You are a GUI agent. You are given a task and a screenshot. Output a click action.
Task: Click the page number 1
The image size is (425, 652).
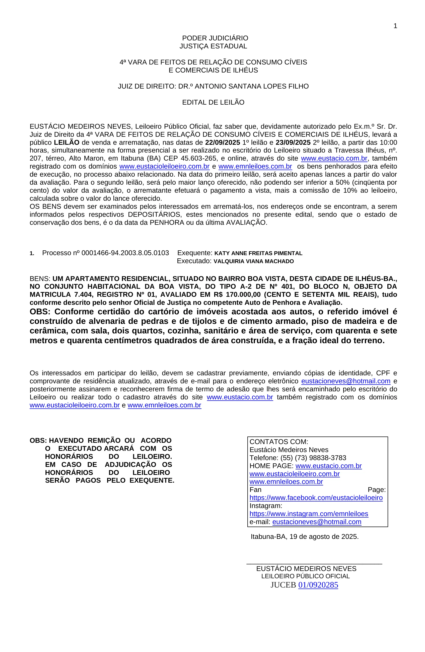pos(395,26)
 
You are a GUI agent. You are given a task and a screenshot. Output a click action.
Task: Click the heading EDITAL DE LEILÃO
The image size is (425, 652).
pos(213,102)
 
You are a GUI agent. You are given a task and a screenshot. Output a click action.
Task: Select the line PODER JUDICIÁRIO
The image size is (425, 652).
pos(215,38)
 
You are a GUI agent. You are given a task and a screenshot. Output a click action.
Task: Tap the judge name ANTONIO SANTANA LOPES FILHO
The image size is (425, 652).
pos(252,86)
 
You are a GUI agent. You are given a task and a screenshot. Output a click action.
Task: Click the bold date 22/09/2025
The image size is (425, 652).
pos(223,142)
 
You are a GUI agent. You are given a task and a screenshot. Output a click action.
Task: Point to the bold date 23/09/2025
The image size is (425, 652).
pos(293,142)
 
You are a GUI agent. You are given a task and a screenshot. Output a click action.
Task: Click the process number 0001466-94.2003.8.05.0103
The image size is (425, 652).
pos(125,253)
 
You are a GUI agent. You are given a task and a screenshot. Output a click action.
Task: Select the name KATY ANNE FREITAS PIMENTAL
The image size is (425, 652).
pos(258,253)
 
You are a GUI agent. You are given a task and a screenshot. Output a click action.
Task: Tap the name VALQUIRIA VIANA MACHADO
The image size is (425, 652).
pos(253,261)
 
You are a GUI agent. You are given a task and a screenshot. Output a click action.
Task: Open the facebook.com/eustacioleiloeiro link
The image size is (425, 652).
pos(316,498)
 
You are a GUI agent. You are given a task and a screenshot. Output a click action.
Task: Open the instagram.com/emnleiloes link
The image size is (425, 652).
pos(309,514)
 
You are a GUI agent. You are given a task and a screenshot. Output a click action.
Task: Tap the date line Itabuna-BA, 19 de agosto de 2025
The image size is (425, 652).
pos(304,537)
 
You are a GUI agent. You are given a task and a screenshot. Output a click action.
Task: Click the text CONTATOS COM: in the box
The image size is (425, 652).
pos(278,442)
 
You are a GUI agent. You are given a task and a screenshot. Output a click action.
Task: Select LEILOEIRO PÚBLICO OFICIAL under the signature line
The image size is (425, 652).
pos(305,576)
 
